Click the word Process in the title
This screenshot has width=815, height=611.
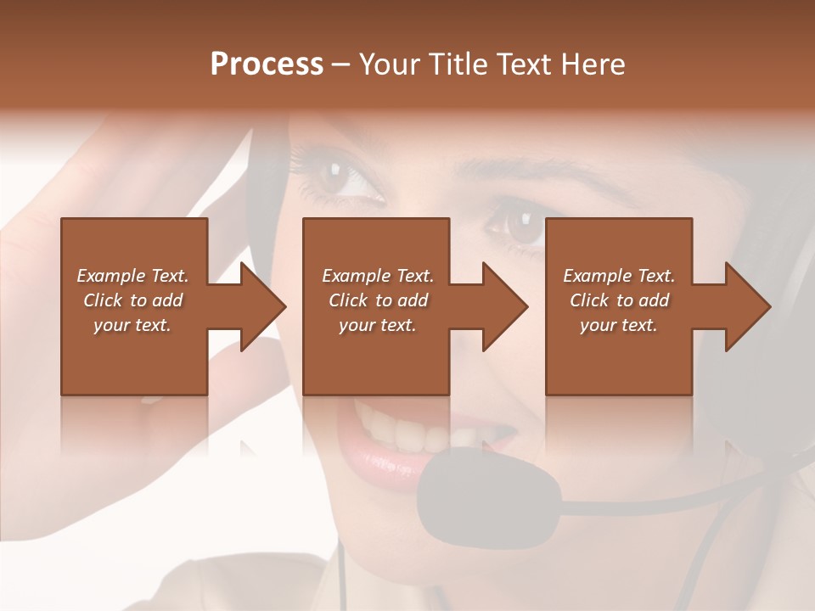267,64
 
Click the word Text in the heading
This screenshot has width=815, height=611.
524,64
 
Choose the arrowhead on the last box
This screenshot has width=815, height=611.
747,306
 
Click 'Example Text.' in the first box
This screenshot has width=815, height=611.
132,276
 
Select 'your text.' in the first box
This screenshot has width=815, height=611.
132,325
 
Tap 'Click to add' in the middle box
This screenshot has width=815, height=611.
378,300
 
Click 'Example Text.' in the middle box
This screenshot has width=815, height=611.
378,276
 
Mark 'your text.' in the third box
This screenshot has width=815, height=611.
619,325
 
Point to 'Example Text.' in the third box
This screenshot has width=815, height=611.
619,276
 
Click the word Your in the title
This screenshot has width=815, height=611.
388,64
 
